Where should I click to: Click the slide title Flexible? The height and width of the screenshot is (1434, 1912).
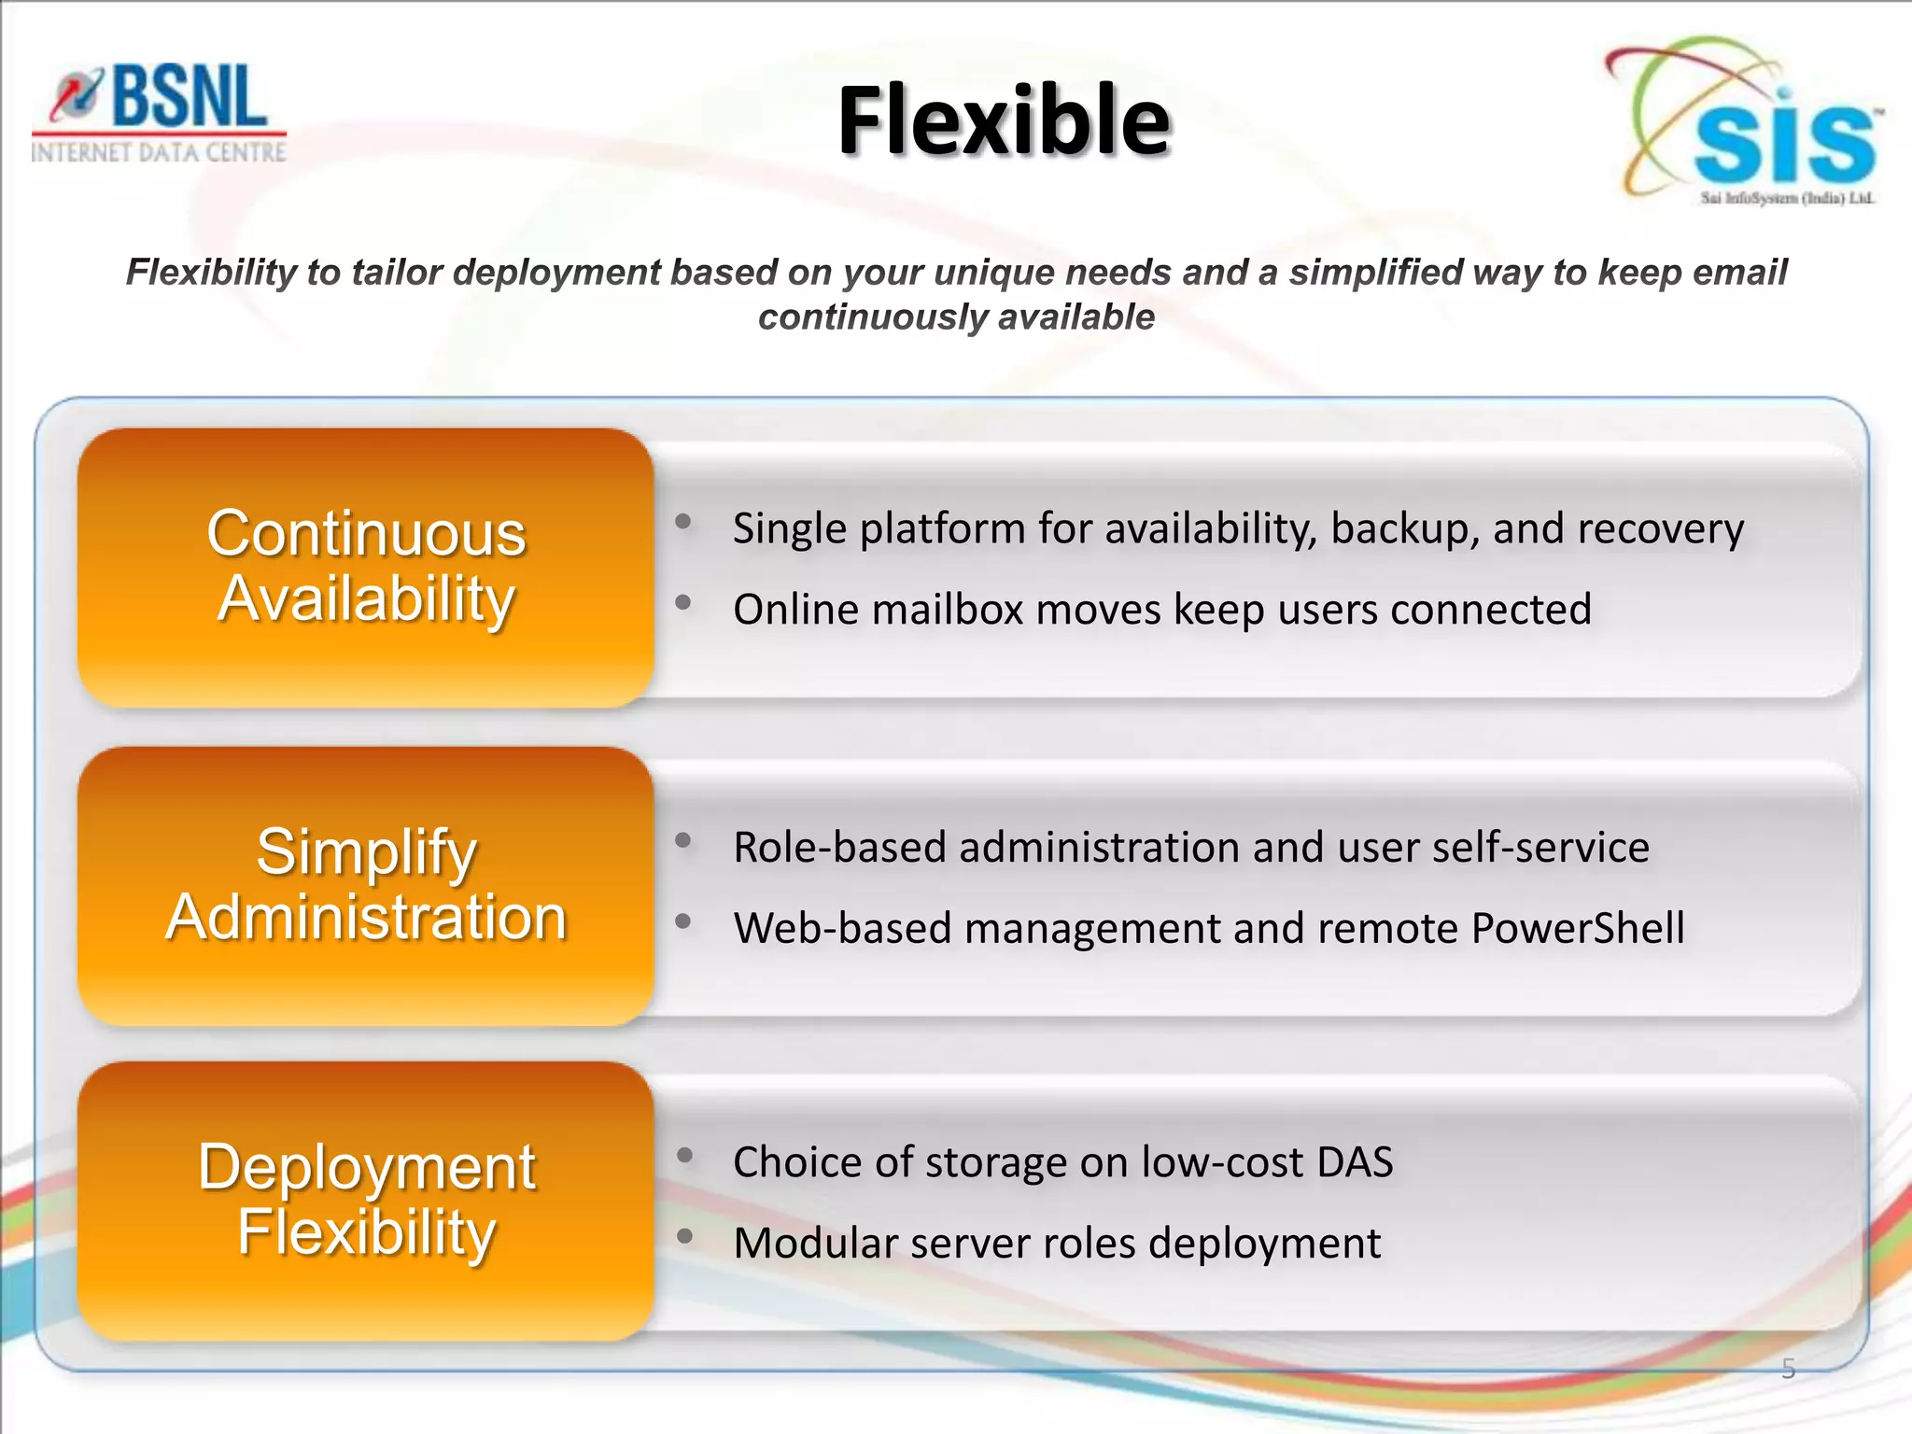(1004, 121)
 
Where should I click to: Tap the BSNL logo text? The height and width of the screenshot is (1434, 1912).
(187, 97)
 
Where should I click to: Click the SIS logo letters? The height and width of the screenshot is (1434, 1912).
(1783, 145)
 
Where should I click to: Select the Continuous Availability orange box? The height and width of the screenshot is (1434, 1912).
(366, 567)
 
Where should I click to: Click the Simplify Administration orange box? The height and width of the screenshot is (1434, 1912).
(366, 885)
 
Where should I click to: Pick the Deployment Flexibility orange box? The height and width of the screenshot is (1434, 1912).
(366, 1201)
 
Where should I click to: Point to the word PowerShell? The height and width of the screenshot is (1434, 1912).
(1578, 929)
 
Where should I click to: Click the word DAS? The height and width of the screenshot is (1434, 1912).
(1354, 1163)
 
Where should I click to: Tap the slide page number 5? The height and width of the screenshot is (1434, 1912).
(1788, 1369)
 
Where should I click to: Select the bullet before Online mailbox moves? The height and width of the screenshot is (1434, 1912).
(683, 602)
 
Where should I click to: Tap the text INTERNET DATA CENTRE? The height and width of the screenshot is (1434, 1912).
(159, 152)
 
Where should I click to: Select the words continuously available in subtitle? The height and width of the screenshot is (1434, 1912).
(956, 317)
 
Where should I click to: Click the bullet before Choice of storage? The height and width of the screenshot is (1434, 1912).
(684, 1156)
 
